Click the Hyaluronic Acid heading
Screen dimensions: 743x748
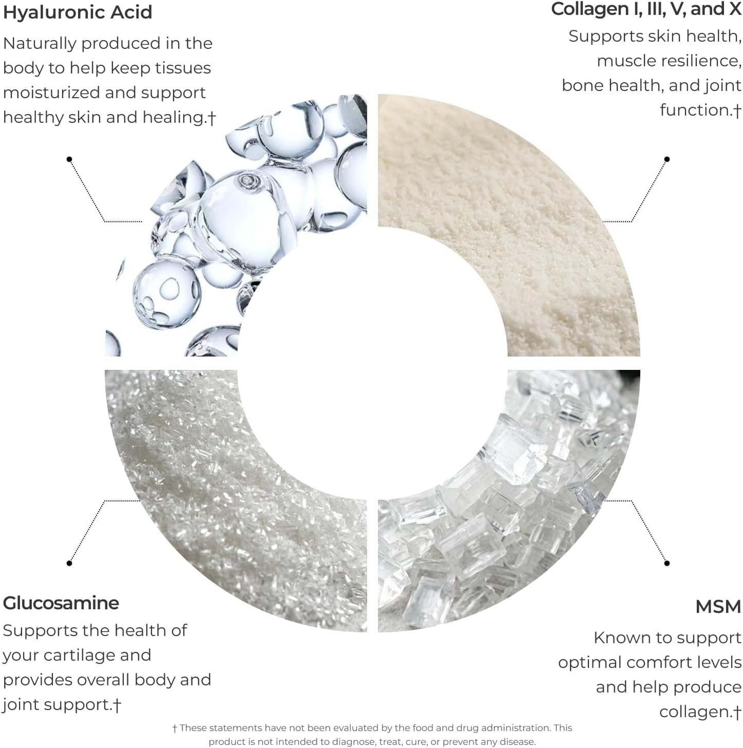[x=78, y=12]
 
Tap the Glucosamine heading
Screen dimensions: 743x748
[x=61, y=603]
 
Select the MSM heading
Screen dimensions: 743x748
[x=718, y=607]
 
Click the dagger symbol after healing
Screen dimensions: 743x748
[x=211, y=118]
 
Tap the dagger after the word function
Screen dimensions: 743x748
[x=737, y=111]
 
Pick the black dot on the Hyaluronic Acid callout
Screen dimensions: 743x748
[x=69, y=159]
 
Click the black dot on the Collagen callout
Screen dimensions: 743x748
[x=667, y=159]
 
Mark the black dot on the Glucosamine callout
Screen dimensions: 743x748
[x=69, y=563]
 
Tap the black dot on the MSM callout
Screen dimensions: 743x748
[x=667, y=563]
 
